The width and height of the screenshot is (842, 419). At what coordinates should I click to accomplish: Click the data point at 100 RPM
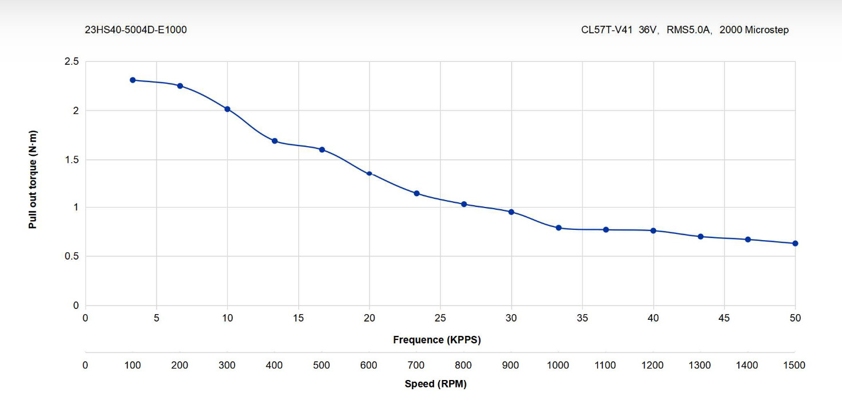click(x=132, y=80)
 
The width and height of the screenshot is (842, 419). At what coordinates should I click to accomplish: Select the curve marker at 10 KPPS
click(x=227, y=109)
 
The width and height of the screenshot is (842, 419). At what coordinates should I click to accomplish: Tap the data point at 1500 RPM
click(x=795, y=244)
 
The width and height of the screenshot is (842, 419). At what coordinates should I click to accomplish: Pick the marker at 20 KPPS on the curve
click(x=369, y=174)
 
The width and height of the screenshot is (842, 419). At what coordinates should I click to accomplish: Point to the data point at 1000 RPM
click(x=559, y=228)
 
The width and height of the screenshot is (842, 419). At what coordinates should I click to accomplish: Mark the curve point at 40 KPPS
click(x=653, y=231)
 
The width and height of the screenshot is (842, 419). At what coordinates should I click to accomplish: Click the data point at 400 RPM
click(x=275, y=141)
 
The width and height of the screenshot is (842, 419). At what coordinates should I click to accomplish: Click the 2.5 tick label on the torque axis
click(x=72, y=61)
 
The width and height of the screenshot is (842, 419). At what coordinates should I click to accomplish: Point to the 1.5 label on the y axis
click(x=72, y=160)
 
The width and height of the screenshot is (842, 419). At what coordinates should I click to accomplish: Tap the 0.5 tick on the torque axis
click(x=72, y=256)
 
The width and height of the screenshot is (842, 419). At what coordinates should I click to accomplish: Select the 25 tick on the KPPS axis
click(x=440, y=318)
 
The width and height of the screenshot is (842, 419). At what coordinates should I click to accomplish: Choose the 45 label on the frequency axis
click(x=724, y=318)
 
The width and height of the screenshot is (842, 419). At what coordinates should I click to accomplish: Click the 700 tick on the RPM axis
click(x=416, y=365)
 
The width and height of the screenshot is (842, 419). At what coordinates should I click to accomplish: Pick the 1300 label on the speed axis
click(x=700, y=365)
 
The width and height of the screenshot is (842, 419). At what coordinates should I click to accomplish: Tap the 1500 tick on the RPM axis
click(x=794, y=365)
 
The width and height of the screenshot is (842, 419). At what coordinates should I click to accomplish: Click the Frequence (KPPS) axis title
click(x=437, y=340)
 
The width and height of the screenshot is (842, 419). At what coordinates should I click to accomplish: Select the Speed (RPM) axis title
click(x=436, y=383)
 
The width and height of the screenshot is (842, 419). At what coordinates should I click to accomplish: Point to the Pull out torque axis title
click(x=33, y=179)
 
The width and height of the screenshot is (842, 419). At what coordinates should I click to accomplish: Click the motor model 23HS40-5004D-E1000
click(x=136, y=30)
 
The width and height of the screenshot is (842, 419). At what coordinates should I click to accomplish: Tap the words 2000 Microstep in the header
click(x=754, y=30)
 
